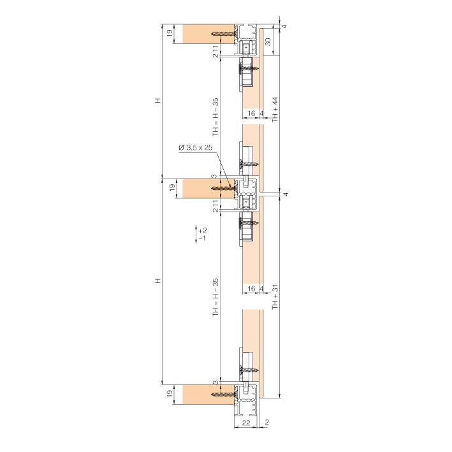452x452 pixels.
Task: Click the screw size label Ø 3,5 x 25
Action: point(195,148)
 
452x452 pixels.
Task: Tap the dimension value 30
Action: point(268,42)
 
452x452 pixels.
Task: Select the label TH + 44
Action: point(275,110)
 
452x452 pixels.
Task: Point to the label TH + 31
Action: point(275,297)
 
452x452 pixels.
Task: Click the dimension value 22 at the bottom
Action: point(245,423)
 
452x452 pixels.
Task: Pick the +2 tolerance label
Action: point(203,231)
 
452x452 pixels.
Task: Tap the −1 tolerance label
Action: point(202,238)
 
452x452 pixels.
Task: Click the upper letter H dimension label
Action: point(157,101)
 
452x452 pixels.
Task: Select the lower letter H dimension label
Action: point(157,281)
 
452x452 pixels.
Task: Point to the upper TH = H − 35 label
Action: point(215,117)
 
